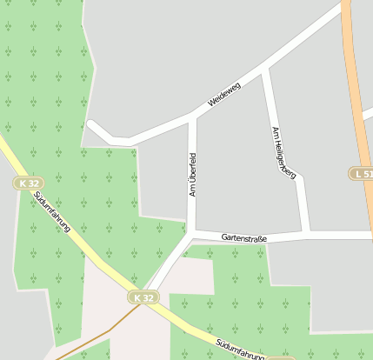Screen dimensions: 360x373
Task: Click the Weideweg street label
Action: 224,95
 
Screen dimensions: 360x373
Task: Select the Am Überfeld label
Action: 193,174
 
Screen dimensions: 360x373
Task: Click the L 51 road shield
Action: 363,174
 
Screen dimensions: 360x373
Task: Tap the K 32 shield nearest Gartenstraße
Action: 144,297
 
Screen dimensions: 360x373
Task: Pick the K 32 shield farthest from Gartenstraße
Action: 27,183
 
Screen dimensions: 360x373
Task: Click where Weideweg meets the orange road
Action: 346,7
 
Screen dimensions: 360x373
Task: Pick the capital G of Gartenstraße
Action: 224,237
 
